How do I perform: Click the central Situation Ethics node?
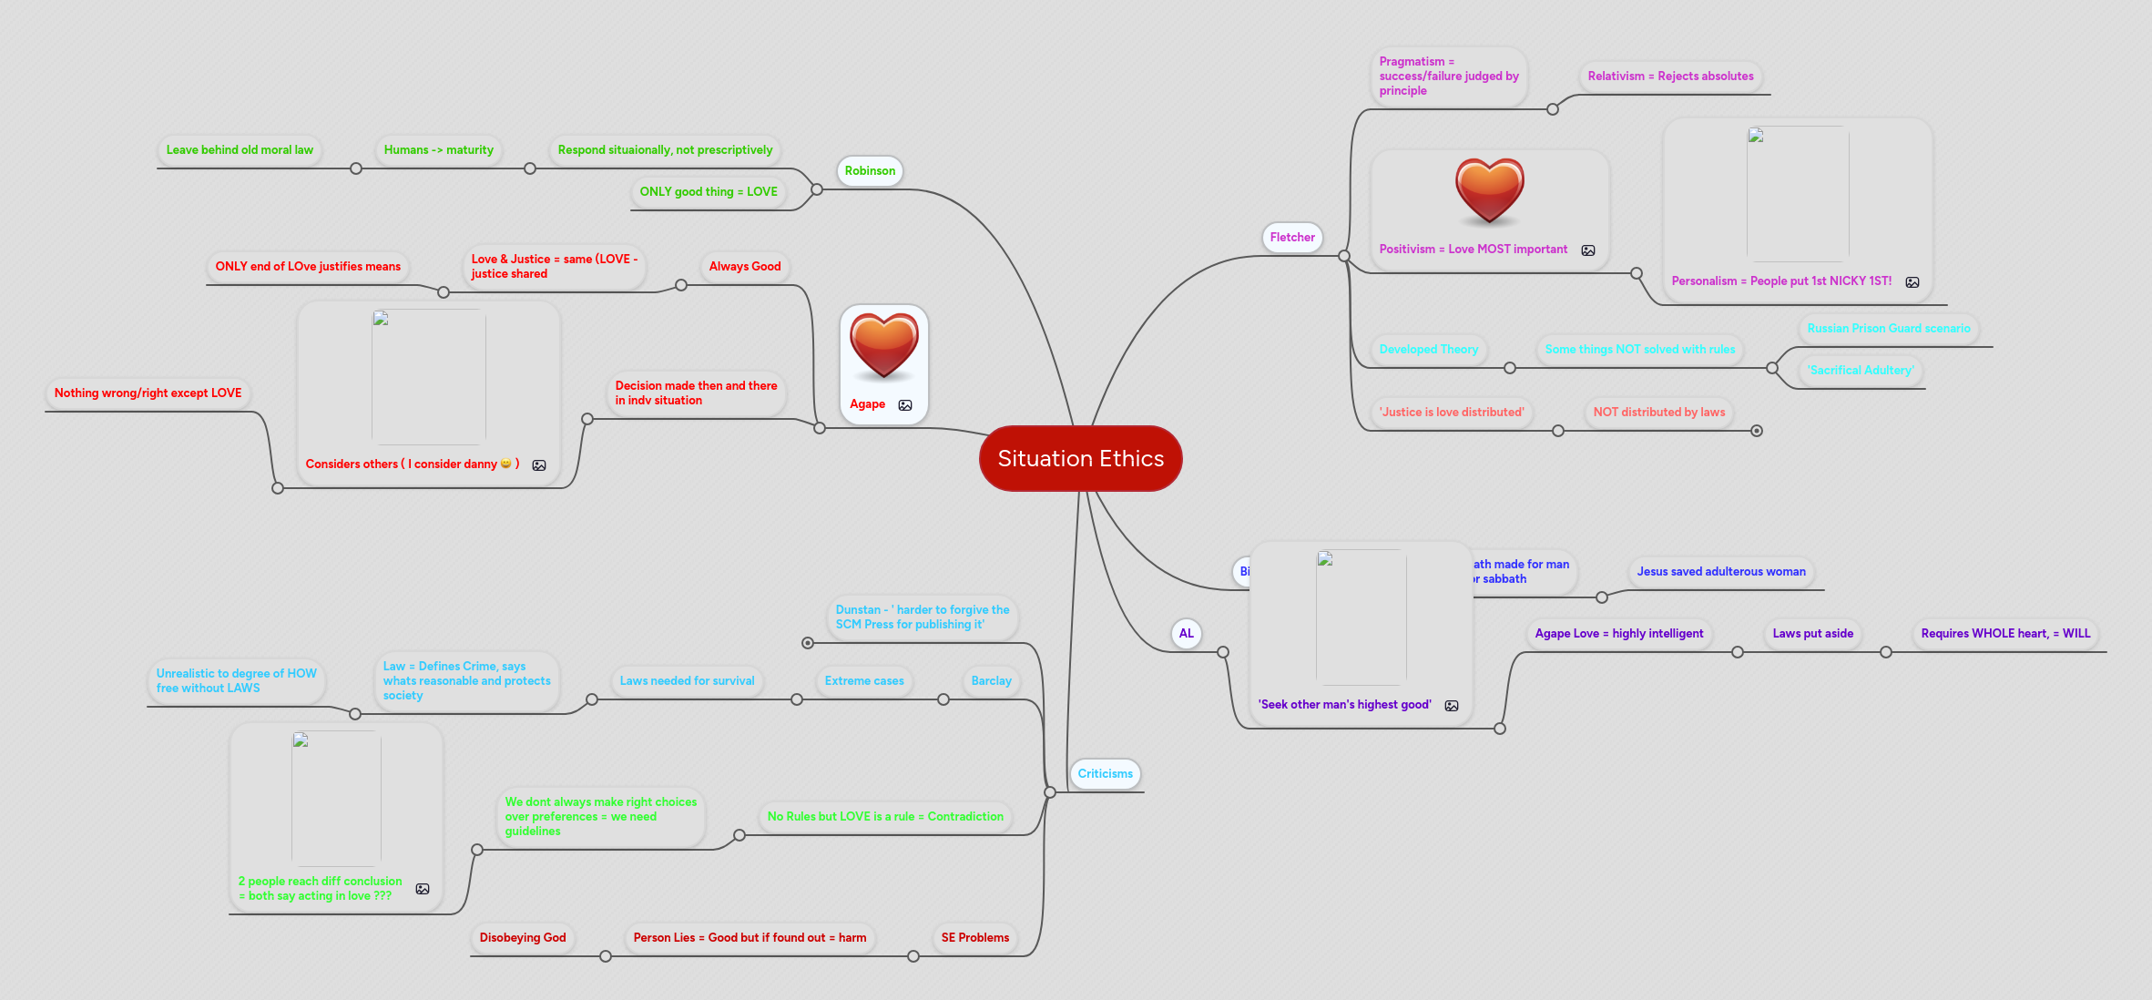(x=1080, y=458)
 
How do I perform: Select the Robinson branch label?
(x=870, y=170)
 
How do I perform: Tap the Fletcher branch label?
(x=1292, y=237)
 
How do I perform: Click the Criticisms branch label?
(x=1105, y=773)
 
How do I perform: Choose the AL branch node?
(x=1186, y=633)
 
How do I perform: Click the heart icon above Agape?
(x=883, y=345)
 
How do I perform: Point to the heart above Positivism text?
(x=1489, y=190)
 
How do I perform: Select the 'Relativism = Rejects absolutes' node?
(x=1670, y=76)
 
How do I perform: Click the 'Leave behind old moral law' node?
(x=240, y=149)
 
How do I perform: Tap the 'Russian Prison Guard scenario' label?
(x=1888, y=328)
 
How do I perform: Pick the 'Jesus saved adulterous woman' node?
(x=1720, y=571)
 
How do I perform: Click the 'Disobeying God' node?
(x=523, y=937)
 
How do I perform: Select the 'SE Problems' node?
(x=974, y=937)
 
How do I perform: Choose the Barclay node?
(x=991, y=680)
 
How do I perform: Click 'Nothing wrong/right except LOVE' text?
(x=148, y=393)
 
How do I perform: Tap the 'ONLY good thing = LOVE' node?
(x=709, y=191)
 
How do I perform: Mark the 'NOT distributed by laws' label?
(x=1658, y=412)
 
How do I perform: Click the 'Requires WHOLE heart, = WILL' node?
(x=2005, y=633)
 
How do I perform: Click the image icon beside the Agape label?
(x=905, y=405)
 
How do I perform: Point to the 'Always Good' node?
(x=744, y=266)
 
